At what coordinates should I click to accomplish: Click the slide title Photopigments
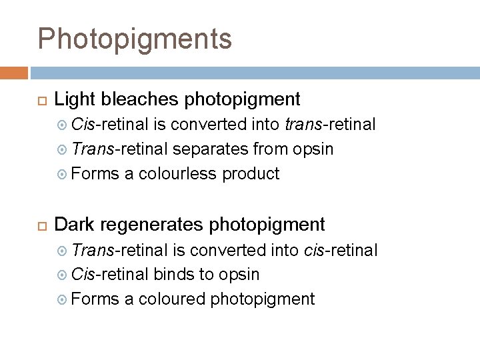(135, 39)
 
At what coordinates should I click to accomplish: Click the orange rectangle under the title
(14, 73)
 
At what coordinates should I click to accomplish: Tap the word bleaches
(139, 100)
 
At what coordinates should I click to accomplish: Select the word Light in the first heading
(72, 100)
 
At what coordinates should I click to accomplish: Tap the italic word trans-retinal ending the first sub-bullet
(330, 125)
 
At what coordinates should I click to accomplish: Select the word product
(251, 174)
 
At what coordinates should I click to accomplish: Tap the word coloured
(172, 299)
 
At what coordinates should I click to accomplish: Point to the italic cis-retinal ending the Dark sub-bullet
(340, 250)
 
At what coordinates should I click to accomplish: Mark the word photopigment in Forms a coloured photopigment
(262, 299)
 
